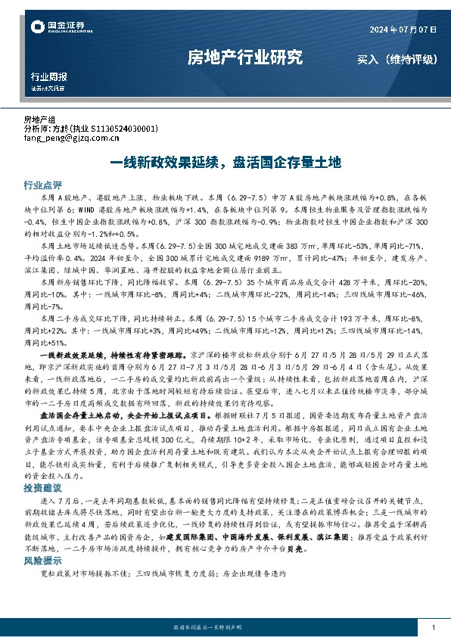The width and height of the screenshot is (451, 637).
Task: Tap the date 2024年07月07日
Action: coord(403,29)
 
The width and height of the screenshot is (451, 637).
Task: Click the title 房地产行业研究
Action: coord(244,57)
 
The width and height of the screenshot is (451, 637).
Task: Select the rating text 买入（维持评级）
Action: coord(395,58)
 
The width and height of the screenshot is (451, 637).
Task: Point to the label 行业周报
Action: coord(48,76)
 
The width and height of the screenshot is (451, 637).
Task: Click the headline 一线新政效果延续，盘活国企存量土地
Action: coord(225,162)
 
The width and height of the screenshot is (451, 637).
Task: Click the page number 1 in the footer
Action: coord(432,628)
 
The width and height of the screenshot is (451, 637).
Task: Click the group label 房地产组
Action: coord(40,120)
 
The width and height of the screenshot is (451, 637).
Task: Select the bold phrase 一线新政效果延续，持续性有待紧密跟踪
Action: coord(120,353)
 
